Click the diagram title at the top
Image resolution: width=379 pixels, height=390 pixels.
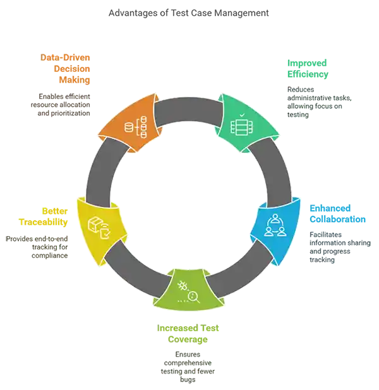point(189,12)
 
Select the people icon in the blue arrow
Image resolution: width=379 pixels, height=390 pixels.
point(275,225)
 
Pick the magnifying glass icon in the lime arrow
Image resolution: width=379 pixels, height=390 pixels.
point(189,292)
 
